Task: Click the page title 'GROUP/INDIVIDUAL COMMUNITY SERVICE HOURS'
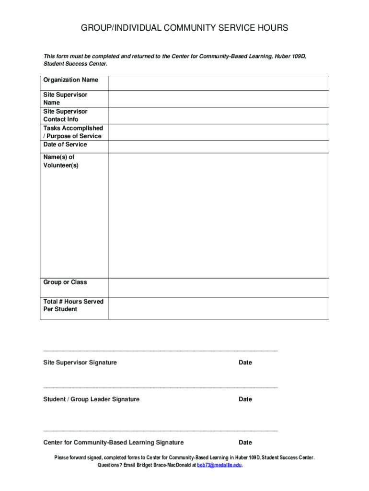[184, 28]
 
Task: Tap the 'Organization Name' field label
[71, 80]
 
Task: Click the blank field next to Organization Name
[219, 83]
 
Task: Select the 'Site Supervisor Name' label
[65, 99]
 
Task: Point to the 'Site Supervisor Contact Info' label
[65, 116]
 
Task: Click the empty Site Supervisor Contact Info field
[219, 116]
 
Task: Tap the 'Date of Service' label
[65, 145]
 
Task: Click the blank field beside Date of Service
[219, 147]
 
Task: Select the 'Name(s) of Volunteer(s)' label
[61, 161]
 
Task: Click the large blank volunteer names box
[219, 216]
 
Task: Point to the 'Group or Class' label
[65, 282]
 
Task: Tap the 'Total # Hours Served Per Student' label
[73, 305]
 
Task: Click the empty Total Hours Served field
[219, 308]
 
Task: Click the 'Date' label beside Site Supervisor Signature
[245, 363]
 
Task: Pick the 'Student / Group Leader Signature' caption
[92, 399]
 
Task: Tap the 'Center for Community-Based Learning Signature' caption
[114, 443]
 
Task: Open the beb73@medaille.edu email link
[219, 465]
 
